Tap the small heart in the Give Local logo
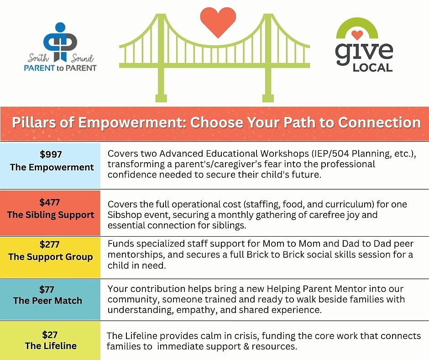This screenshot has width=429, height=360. click(357, 35)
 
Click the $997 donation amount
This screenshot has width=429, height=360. click(51, 154)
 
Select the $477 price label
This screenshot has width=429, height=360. click(50, 202)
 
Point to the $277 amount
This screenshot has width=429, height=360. click(50, 244)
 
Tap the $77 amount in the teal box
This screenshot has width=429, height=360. click(47, 289)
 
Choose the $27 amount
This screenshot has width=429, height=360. click(50, 334)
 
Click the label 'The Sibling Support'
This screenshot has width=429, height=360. click(51, 215)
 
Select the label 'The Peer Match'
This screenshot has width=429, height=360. click(47, 301)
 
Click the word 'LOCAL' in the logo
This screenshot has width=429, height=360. click(373, 68)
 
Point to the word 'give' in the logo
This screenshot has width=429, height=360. click(364, 53)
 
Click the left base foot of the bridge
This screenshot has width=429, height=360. click(161, 98)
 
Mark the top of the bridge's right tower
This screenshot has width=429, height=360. click(268, 16)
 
